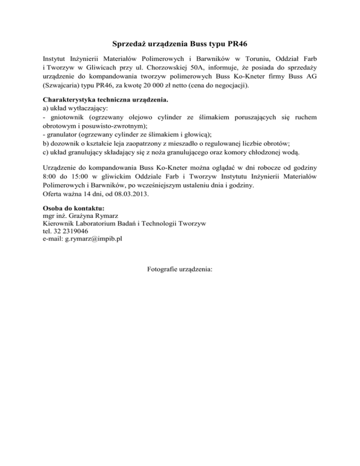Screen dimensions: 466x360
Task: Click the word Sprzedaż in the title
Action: [x=129, y=45]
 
